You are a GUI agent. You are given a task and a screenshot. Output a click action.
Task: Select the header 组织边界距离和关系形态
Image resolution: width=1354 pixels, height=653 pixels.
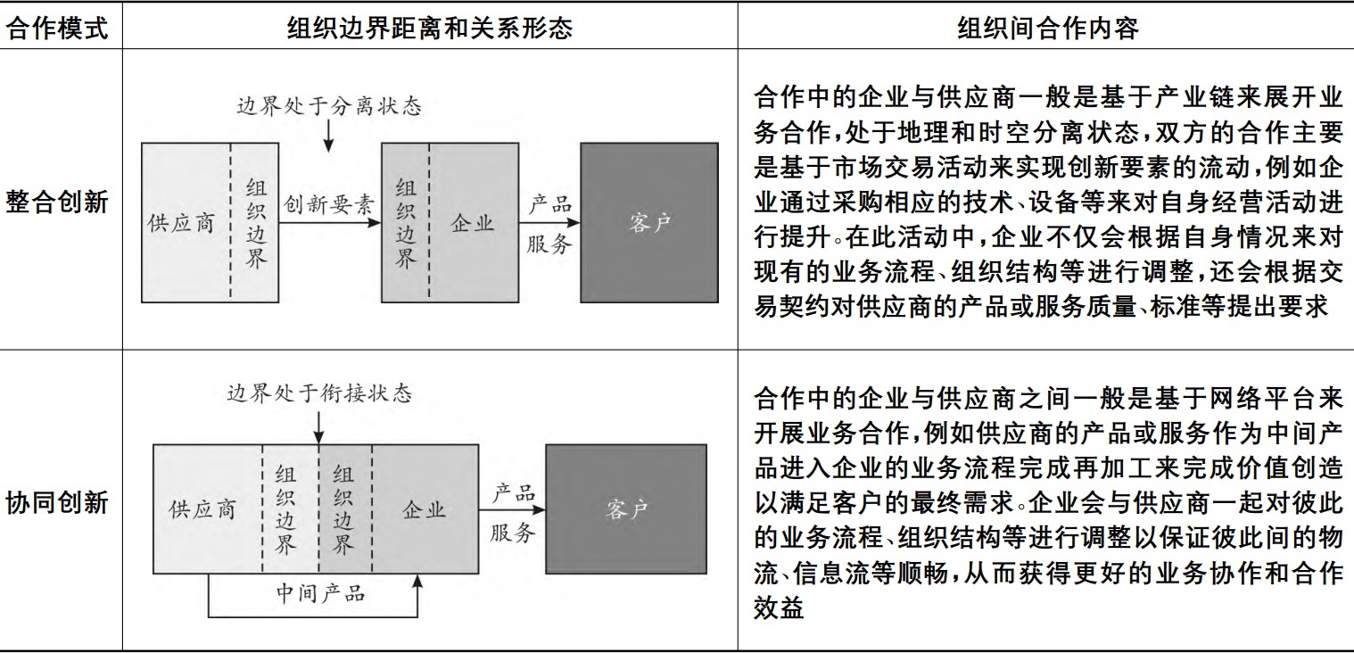[x=429, y=29]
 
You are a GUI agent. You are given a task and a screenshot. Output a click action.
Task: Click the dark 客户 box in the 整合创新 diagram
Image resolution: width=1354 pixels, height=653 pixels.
[x=648, y=223]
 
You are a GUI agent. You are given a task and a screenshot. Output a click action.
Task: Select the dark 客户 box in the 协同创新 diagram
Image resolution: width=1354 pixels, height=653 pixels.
[x=625, y=509]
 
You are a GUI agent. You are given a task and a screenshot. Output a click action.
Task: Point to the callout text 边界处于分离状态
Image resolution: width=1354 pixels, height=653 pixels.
[x=328, y=107]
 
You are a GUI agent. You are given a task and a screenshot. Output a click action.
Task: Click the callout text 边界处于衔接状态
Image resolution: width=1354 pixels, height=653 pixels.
[x=318, y=393]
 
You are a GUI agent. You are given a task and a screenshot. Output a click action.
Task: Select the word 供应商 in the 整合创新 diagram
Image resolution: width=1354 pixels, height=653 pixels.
[x=181, y=223]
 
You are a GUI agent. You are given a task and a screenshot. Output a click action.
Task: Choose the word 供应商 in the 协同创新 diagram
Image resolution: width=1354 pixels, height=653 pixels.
[x=202, y=510]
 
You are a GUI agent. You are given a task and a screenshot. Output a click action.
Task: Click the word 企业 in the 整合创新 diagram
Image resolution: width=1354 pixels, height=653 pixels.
[x=472, y=223]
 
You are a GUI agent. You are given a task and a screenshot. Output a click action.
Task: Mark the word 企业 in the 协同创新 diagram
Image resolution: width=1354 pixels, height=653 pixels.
[x=424, y=510]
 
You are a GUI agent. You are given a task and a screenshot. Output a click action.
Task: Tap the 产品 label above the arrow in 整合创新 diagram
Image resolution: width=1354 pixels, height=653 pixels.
[x=549, y=203]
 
